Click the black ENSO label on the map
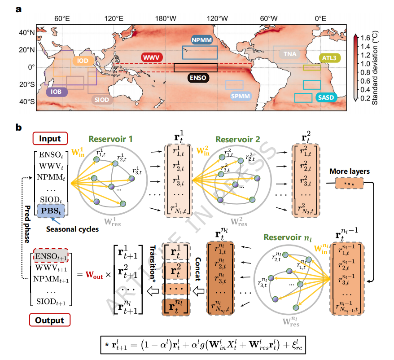(x=197, y=78)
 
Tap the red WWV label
(x=152, y=57)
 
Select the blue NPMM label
(x=202, y=40)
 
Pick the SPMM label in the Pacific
(x=239, y=96)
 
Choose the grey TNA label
(x=290, y=54)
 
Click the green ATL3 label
(x=330, y=57)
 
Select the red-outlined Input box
(x=49, y=137)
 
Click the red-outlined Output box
(x=49, y=320)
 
